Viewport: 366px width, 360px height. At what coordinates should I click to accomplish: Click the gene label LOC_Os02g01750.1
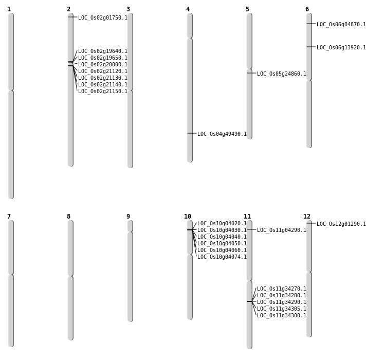click(x=102, y=17)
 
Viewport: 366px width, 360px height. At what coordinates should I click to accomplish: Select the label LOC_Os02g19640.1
click(x=102, y=51)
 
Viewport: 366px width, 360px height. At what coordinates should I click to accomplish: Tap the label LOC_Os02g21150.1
click(x=102, y=91)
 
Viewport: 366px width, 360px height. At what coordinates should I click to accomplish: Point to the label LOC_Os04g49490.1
click(x=222, y=134)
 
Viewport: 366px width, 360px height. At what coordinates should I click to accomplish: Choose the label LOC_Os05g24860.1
click(x=281, y=74)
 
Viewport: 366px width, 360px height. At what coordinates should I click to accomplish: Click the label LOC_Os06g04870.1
click(x=341, y=24)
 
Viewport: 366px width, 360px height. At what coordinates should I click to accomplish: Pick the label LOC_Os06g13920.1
click(x=341, y=47)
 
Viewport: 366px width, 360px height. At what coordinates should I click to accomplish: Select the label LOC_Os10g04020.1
click(x=222, y=223)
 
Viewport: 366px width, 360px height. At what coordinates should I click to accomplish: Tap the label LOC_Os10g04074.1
click(x=222, y=257)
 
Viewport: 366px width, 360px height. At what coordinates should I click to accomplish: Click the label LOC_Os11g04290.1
click(x=281, y=230)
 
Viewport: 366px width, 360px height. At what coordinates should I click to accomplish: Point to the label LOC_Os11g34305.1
click(x=281, y=309)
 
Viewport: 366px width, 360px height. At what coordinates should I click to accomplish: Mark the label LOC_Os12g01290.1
click(x=341, y=224)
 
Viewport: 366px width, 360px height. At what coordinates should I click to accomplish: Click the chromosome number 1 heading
click(x=9, y=9)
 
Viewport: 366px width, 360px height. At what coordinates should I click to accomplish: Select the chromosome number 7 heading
click(x=9, y=217)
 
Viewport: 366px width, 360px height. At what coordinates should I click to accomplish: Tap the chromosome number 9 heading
click(x=128, y=217)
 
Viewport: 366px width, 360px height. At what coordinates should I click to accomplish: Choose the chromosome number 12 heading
click(x=307, y=217)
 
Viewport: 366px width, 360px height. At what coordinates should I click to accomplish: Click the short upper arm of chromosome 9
click(x=130, y=226)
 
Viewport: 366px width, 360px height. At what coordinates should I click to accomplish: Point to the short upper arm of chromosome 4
click(x=190, y=25)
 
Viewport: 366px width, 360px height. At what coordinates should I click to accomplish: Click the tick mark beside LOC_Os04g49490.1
click(x=192, y=133)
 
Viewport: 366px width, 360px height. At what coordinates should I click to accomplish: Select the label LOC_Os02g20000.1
click(x=102, y=64)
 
